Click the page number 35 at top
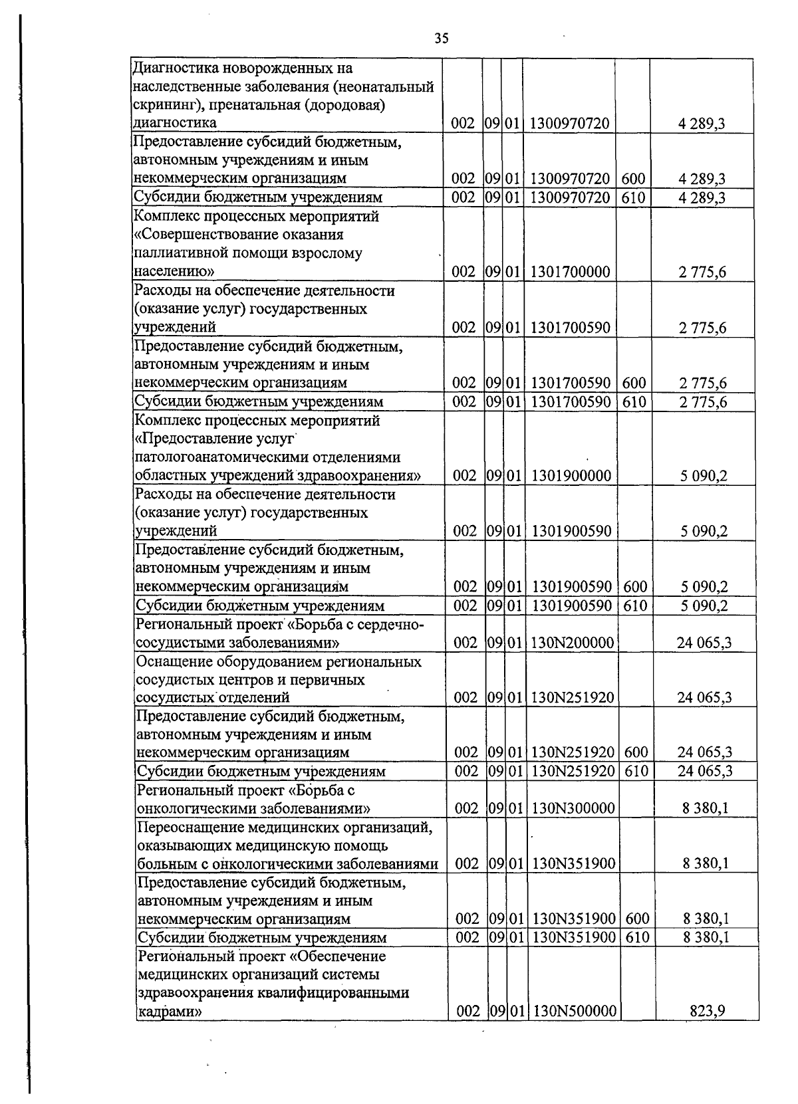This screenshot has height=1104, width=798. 442,39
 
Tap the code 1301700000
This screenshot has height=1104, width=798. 571,271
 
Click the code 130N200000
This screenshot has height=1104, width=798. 572,643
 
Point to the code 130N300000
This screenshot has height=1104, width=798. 573,808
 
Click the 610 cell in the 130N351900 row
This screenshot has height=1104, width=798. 637,937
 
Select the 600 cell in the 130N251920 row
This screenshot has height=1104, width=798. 636,752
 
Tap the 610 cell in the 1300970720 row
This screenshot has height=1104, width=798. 633,197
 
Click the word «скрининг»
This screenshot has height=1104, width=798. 160,105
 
